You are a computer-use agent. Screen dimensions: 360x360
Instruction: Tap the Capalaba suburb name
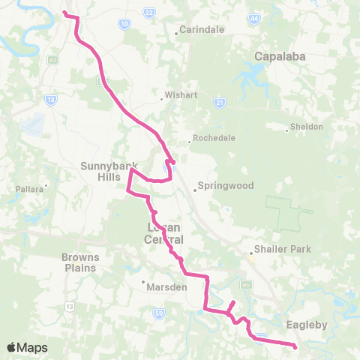point(277,56)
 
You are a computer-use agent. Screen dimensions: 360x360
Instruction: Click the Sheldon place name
point(307,127)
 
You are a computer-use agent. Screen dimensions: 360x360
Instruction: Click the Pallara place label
point(31,190)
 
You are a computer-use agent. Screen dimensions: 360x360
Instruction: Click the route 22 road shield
point(148,12)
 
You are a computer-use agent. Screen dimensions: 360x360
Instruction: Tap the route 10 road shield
point(124,24)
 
